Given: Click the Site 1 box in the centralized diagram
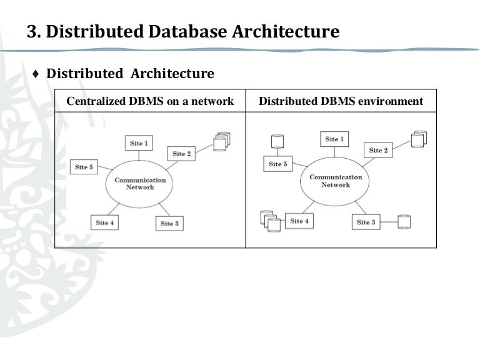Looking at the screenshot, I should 139,143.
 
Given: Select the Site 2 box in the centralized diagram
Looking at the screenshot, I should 182,154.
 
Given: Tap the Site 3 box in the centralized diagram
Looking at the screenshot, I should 169,223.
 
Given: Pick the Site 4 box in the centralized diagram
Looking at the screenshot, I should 105,222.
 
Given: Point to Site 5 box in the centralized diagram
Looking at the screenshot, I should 84,167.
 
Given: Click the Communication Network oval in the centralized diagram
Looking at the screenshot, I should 140,184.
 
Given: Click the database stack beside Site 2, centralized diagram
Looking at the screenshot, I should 220,141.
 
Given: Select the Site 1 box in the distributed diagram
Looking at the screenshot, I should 334,139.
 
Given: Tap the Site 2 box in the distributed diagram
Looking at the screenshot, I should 378,150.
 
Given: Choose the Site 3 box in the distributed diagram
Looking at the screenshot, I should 366,222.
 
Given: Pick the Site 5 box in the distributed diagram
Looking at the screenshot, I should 278,164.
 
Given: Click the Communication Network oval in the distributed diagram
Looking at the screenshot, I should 336,181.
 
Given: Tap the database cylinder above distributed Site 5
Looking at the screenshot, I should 278,141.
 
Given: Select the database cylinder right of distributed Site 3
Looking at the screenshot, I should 404,221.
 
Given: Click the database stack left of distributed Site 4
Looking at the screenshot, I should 269,221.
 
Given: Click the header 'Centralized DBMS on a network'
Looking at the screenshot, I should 150,101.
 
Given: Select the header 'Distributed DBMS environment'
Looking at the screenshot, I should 341,101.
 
